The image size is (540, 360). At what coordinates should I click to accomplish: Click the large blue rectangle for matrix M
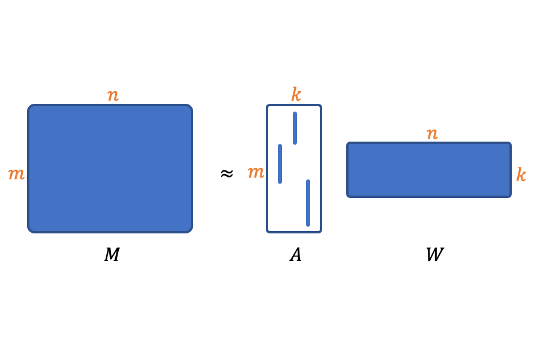tap(110, 169)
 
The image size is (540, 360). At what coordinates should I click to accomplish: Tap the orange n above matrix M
tap(113, 95)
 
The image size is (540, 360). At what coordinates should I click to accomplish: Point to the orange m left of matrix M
tap(16, 175)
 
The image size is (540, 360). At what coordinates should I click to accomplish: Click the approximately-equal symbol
tap(226, 174)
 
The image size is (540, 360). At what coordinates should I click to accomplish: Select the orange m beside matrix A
tap(256, 173)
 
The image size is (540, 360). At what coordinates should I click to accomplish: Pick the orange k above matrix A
tap(296, 95)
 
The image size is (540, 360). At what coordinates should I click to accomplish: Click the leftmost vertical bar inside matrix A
tap(280, 164)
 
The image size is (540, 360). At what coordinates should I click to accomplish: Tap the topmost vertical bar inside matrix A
tap(295, 128)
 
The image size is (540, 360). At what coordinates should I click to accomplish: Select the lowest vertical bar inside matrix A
tap(308, 203)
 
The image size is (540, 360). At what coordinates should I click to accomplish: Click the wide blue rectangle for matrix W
tap(429, 170)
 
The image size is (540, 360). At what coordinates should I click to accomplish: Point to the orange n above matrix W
tap(432, 134)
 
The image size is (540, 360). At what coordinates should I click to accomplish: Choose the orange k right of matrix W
tap(521, 175)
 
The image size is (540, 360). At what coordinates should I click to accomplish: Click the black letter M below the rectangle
tap(112, 255)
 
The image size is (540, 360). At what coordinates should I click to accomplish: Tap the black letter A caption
tap(295, 255)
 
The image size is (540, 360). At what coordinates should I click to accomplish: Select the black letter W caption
tap(434, 255)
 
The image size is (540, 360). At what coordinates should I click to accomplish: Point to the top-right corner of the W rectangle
tap(509, 144)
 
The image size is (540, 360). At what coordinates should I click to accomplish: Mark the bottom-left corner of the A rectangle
tap(268, 231)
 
